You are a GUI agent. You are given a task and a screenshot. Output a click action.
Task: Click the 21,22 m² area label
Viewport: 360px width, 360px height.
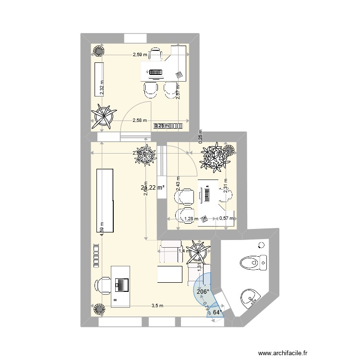(153, 187)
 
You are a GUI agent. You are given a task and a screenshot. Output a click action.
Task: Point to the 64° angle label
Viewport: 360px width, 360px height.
(217, 312)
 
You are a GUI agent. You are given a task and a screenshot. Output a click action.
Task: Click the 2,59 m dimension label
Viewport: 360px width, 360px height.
(140, 55)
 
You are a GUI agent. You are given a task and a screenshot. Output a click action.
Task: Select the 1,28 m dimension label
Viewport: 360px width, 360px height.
(191, 219)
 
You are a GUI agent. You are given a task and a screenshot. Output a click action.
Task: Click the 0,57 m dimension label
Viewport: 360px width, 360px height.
(226, 219)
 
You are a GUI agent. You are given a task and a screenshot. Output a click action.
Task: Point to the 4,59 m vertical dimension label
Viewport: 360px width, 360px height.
(102, 227)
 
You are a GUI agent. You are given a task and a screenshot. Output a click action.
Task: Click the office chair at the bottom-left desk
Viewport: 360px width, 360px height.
(103, 285)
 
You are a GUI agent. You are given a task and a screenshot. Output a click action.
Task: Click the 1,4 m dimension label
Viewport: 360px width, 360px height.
(183, 251)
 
